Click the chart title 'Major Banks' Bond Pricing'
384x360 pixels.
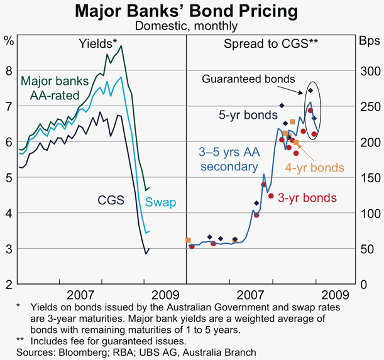192,11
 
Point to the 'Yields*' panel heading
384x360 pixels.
97,43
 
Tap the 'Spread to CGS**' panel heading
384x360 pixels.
270,43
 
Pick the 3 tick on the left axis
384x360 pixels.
9,249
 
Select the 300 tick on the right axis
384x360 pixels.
369,71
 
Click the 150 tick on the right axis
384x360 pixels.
369,178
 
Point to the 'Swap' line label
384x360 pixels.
160,202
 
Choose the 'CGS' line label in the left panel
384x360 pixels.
111,200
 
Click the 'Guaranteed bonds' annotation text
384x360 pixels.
258,79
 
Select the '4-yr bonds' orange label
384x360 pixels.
315,168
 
